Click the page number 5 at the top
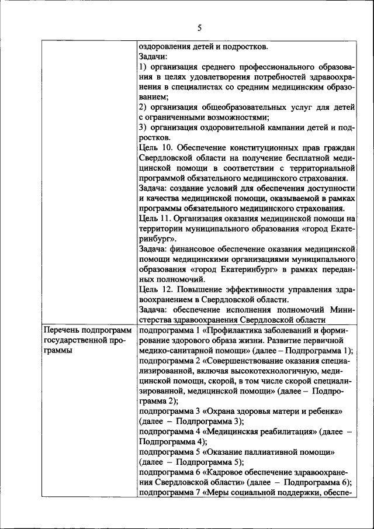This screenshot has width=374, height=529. (x=199, y=27)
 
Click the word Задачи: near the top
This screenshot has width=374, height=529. (x=154, y=57)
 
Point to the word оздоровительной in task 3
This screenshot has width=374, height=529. (x=244, y=127)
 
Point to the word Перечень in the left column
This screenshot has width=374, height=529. (x=62, y=331)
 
